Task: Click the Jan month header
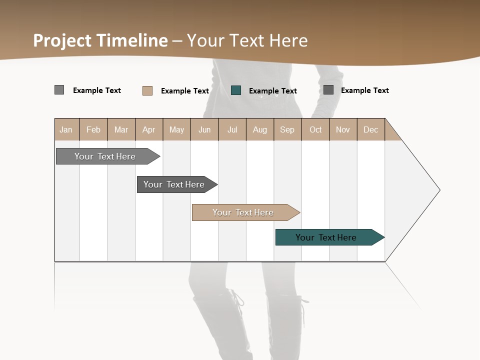pos(66,129)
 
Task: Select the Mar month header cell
pos(121,129)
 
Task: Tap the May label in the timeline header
pos(176,129)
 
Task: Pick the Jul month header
pos(232,129)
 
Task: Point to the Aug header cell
pos(259,129)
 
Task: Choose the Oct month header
pos(315,129)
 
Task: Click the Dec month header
pos(370,129)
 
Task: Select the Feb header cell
pos(93,129)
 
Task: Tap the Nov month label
pos(342,129)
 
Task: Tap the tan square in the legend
pos(147,90)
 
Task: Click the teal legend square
pos(236,90)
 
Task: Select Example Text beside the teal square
pos(272,91)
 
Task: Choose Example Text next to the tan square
pos(184,91)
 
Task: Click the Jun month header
pos(204,129)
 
